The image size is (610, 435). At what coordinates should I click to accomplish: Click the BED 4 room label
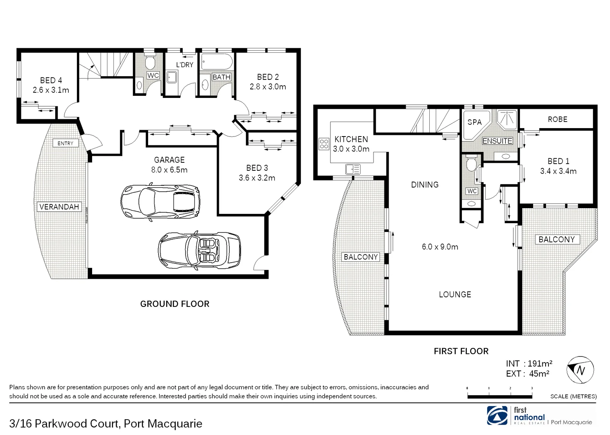(x=51, y=81)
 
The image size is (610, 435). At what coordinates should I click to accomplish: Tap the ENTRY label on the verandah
(x=65, y=143)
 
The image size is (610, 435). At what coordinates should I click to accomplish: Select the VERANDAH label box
(x=59, y=207)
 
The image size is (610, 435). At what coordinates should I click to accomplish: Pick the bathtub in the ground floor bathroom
(x=217, y=62)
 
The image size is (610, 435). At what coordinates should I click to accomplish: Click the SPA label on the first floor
(x=474, y=122)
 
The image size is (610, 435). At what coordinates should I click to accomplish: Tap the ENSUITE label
(x=497, y=141)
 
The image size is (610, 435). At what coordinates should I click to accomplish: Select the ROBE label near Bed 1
(x=557, y=119)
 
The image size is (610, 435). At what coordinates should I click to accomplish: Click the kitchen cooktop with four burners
(x=324, y=144)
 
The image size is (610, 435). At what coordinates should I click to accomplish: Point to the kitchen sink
(x=353, y=169)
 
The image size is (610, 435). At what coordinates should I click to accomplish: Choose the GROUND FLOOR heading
(x=175, y=304)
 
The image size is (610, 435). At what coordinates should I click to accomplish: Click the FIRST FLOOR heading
(x=461, y=351)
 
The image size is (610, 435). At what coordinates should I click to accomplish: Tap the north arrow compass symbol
(x=580, y=370)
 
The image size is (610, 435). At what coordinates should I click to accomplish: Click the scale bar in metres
(x=500, y=396)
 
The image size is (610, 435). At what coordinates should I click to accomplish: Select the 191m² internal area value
(x=540, y=364)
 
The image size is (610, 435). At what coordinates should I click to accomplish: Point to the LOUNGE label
(x=455, y=294)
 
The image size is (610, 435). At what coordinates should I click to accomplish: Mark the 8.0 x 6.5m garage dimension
(x=169, y=170)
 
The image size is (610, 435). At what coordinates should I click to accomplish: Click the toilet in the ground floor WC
(x=150, y=62)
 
